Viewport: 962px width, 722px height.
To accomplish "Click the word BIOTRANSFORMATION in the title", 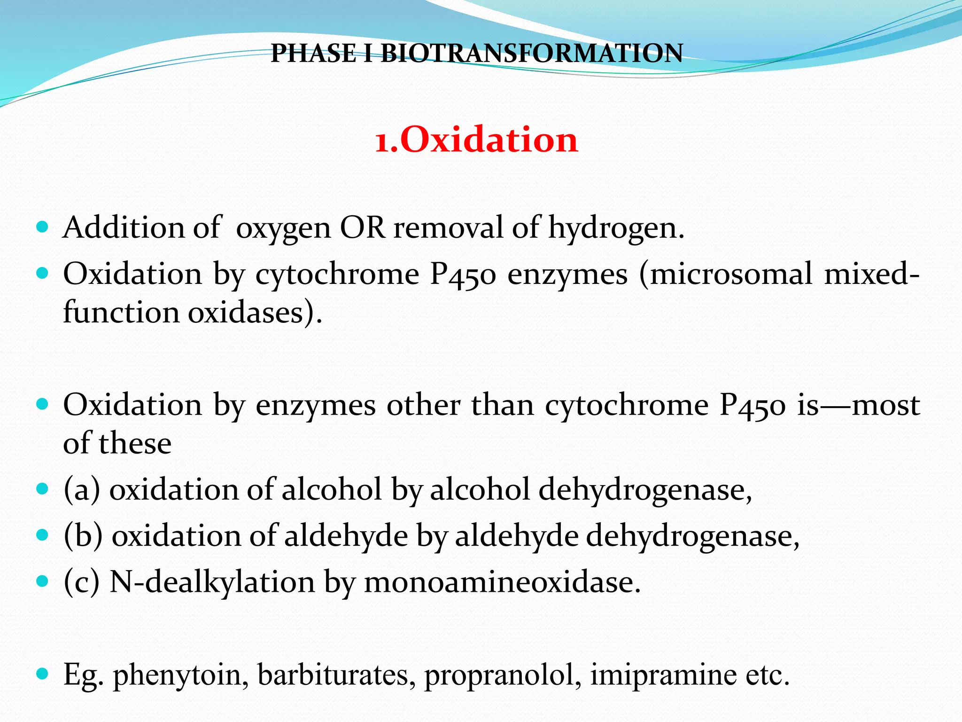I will (532, 53).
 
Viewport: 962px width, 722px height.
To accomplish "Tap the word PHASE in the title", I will (314, 53).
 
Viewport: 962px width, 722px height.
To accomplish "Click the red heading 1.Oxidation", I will (476, 140).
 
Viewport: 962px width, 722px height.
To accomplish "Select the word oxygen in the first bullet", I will (283, 228).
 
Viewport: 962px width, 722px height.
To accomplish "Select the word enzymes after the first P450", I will (567, 275).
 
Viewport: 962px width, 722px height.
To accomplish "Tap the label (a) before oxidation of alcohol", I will (82, 490).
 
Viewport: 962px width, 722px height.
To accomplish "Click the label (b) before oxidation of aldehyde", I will (83, 536).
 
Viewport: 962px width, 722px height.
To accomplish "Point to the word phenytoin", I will (180, 675).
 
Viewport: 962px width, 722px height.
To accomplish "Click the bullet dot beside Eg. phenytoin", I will (42, 674).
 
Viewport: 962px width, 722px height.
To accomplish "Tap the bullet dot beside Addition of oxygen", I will (42, 228).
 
